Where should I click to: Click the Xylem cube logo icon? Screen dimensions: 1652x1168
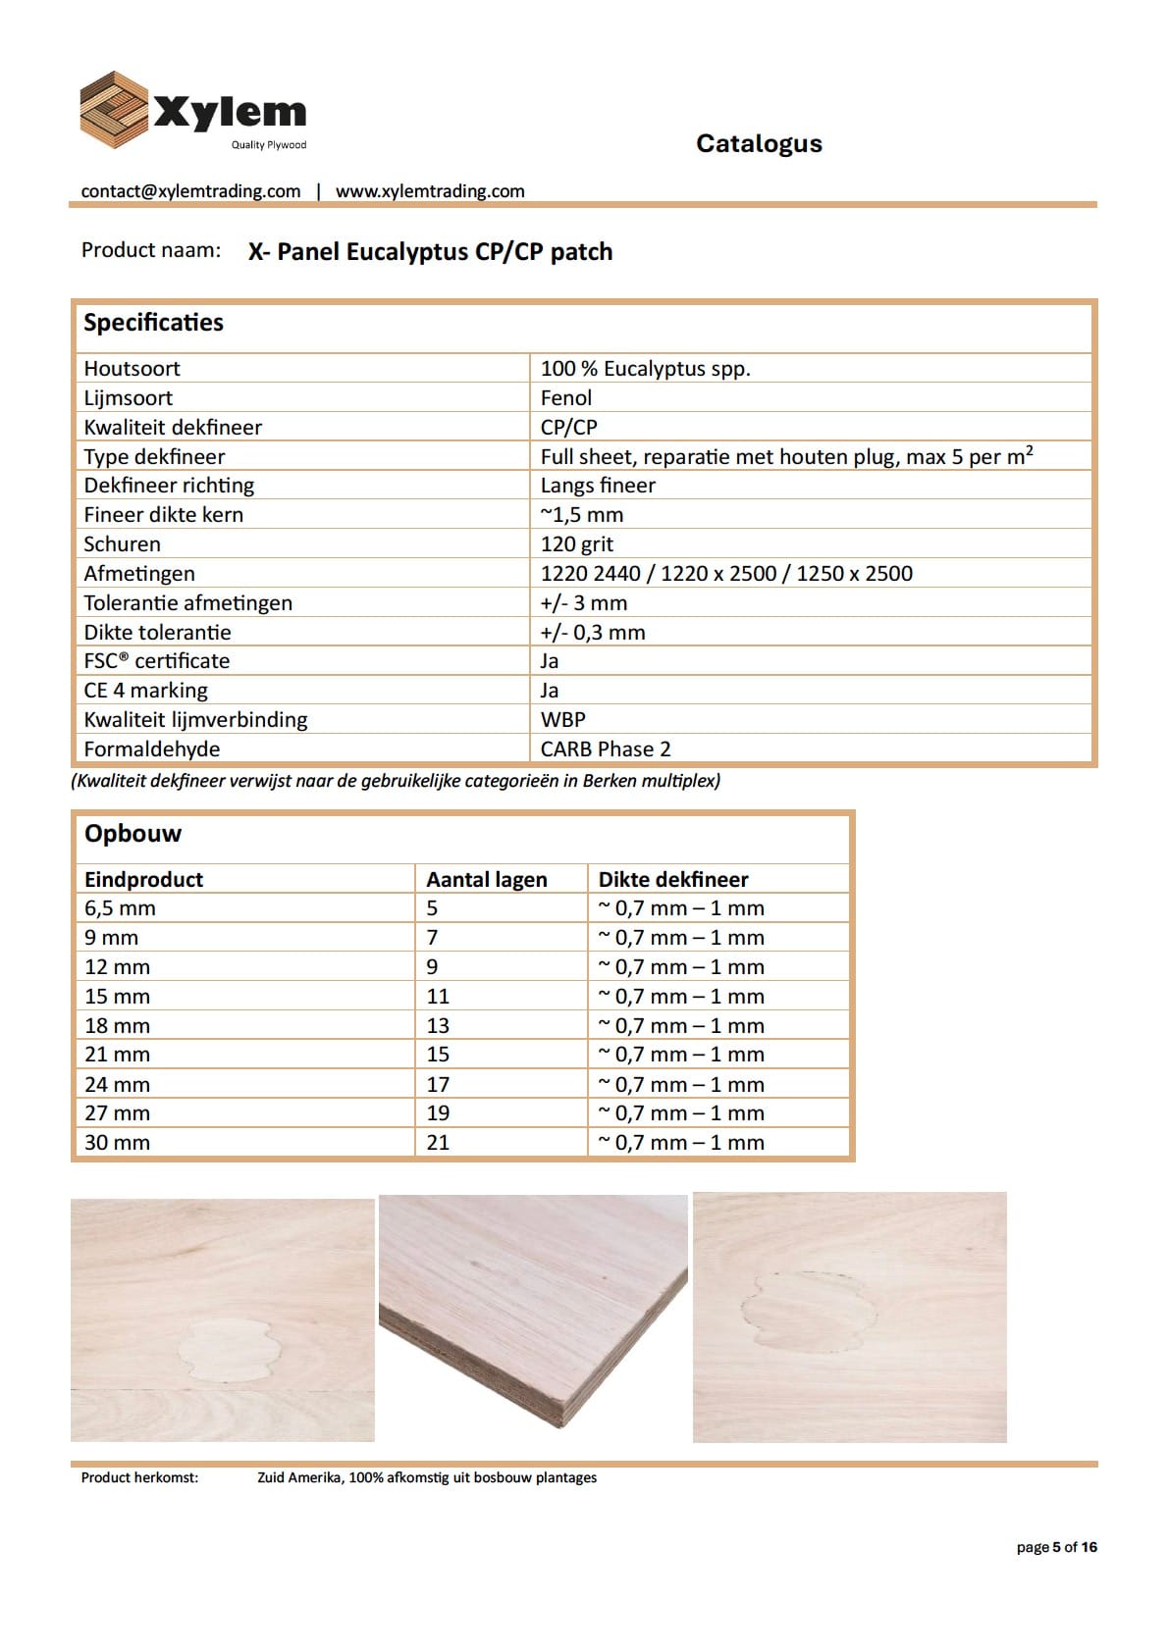click(113, 109)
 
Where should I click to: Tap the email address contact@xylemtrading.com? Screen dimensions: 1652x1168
click(190, 191)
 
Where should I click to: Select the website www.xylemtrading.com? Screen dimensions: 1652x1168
click(430, 191)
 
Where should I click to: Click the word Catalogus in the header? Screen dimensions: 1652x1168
click(759, 143)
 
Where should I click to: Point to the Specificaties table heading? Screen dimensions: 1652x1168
click(153, 323)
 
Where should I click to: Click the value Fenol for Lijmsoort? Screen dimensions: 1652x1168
click(566, 397)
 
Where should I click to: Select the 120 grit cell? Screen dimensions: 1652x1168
click(577, 543)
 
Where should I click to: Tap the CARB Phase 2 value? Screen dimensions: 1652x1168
click(606, 749)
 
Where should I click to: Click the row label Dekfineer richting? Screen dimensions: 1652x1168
click(169, 485)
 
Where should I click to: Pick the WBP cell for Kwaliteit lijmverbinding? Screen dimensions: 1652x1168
click(563, 719)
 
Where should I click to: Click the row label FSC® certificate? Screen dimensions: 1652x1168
click(156, 660)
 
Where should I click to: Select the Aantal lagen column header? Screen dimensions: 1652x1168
click(487, 879)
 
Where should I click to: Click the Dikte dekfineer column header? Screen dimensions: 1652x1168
click(673, 879)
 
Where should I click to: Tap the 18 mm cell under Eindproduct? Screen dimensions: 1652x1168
click(117, 1025)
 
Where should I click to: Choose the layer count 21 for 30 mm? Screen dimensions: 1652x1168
click(438, 1142)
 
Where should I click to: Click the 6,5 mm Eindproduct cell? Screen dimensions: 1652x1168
click(120, 907)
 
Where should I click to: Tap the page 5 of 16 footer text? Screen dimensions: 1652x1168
click(1056, 1547)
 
